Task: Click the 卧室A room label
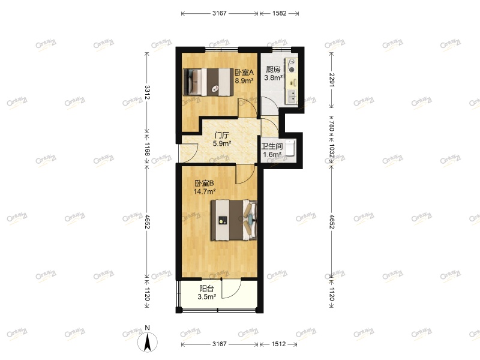click(x=244, y=71)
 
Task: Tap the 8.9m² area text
click(x=244, y=80)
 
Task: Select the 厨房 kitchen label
click(x=273, y=68)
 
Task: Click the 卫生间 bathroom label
click(x=272, y=146)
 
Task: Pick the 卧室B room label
click(x=204, y=184)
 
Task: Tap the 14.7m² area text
click(x=205, y=192)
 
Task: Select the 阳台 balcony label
click(x=206, y=288)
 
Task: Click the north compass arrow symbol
click(x=147, y=341)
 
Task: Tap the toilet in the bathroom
click(x=290, y=148)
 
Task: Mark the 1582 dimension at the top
click(x=279, y=13)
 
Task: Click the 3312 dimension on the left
click(x=147, y=92)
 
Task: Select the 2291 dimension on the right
click(x=331, y=80)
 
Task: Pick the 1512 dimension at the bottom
click(x=278, y=344)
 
